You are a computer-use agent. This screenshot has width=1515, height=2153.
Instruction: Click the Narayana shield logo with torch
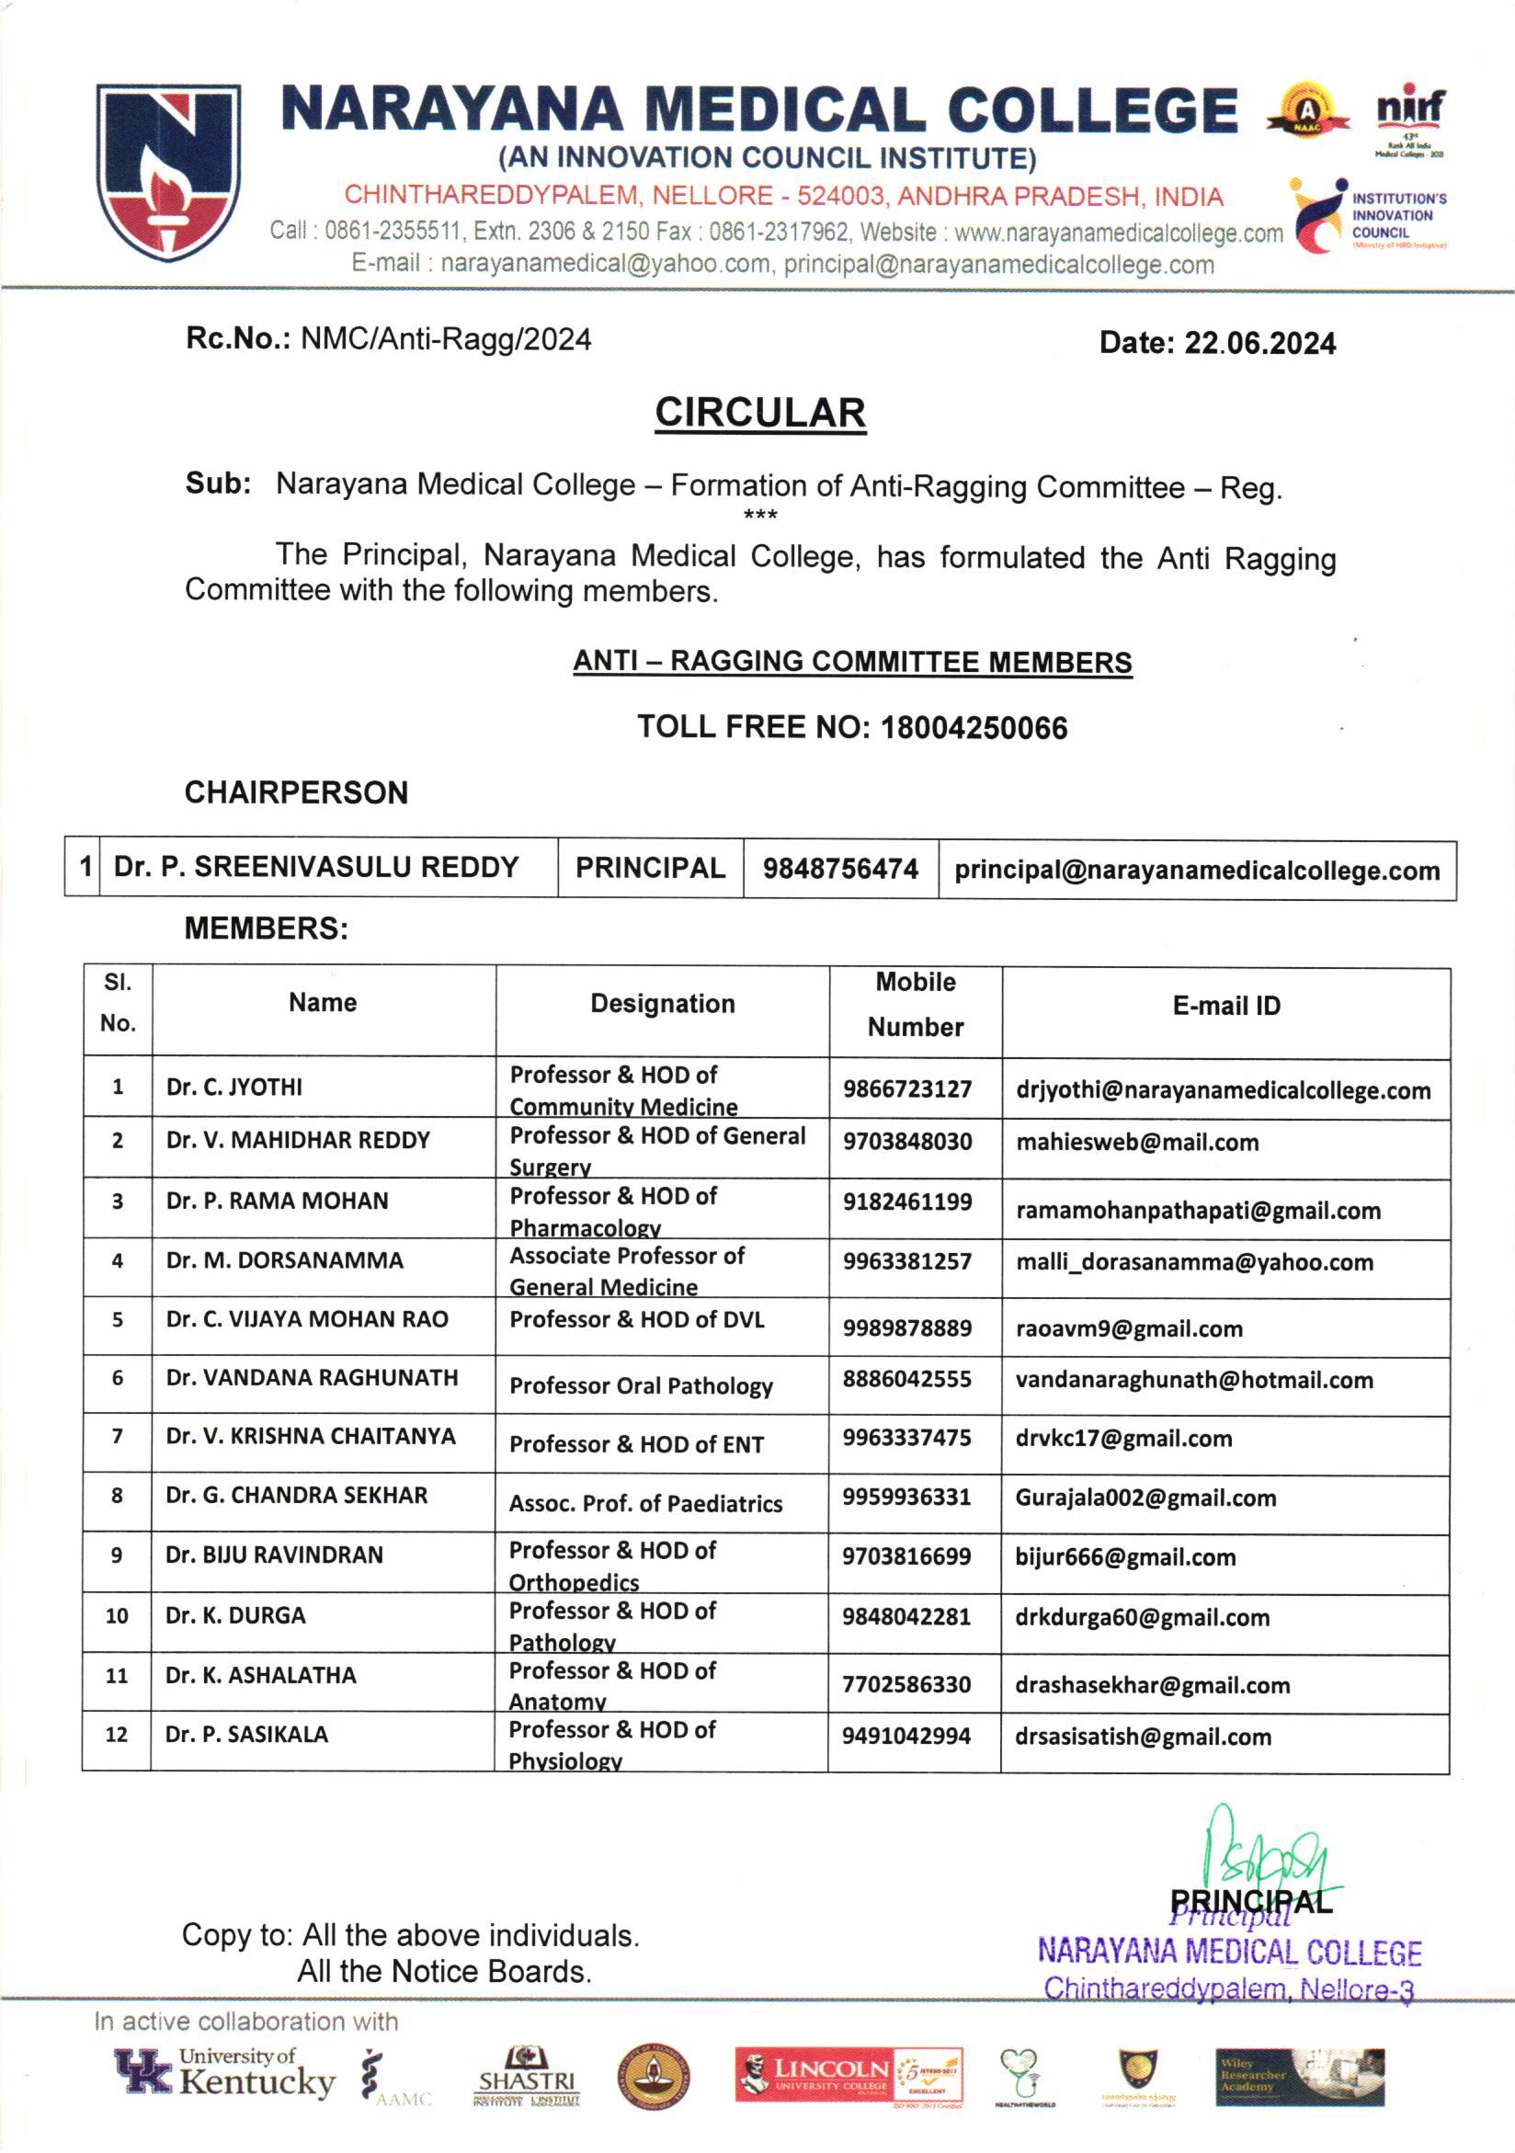point(168,172)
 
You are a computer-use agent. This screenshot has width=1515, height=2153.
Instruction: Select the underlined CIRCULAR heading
point(759,413)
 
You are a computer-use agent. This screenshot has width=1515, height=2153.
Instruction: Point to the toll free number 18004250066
point(974,728)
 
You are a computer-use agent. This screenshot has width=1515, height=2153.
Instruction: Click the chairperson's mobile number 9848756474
point(840,869)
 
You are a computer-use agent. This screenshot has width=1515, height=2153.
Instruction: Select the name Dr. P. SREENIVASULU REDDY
point(316,867)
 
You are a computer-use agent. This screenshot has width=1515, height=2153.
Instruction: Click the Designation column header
point(662,1003)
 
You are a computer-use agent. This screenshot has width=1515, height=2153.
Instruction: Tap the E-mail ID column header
point(1225,1005)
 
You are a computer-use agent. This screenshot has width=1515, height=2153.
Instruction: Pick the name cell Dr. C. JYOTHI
point(234,1087)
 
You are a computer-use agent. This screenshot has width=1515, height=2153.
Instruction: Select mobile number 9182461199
point(906,1202)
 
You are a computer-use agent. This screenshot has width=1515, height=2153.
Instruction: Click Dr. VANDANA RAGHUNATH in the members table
point(313,1377)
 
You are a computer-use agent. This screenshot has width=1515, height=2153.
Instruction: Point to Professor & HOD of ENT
point(636,1444)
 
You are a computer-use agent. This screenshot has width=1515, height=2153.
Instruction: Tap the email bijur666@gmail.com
point(1125,1557)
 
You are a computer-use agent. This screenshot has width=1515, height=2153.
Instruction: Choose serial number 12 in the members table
point(116,1735)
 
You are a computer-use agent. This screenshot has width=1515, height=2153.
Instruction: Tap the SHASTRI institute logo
point(526,2077)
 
